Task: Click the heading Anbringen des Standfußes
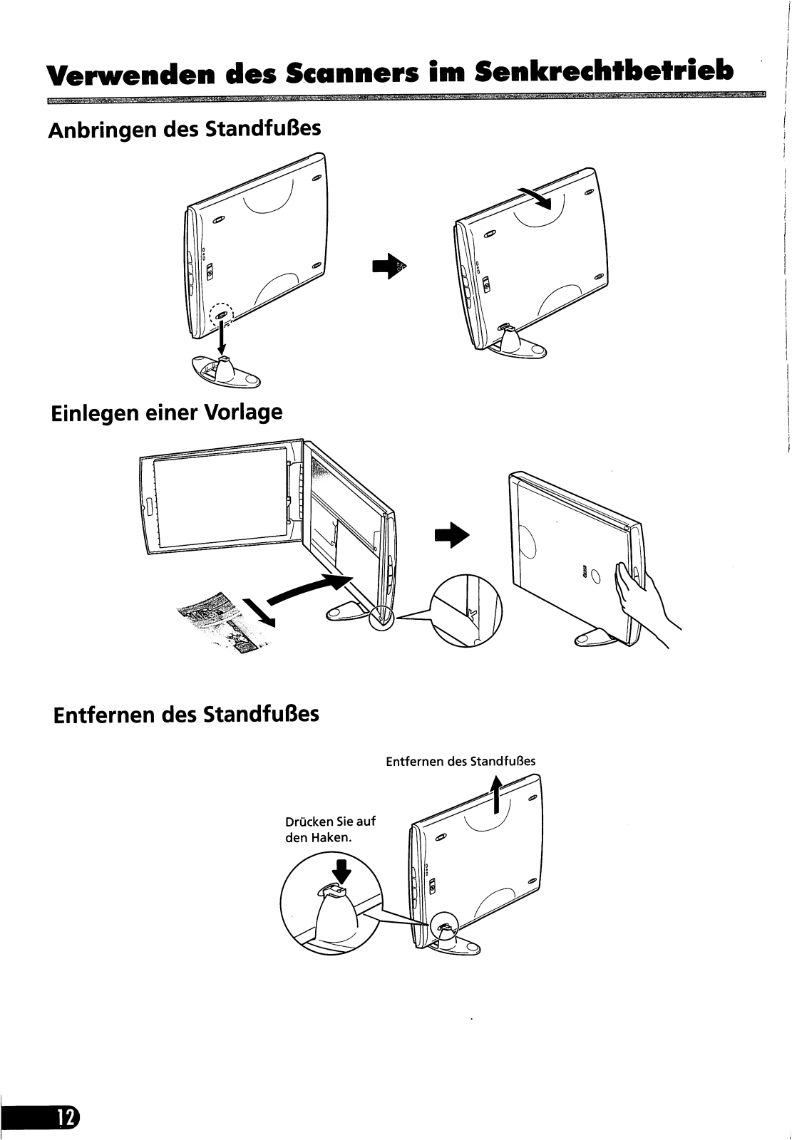click(x=184, y=130)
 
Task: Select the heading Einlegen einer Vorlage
click(x=167, y=413)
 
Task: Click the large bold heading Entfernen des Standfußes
click(x=186, y=713)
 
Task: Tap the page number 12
click(x=66, y=1117)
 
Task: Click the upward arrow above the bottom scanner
click(x=498, y=794)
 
